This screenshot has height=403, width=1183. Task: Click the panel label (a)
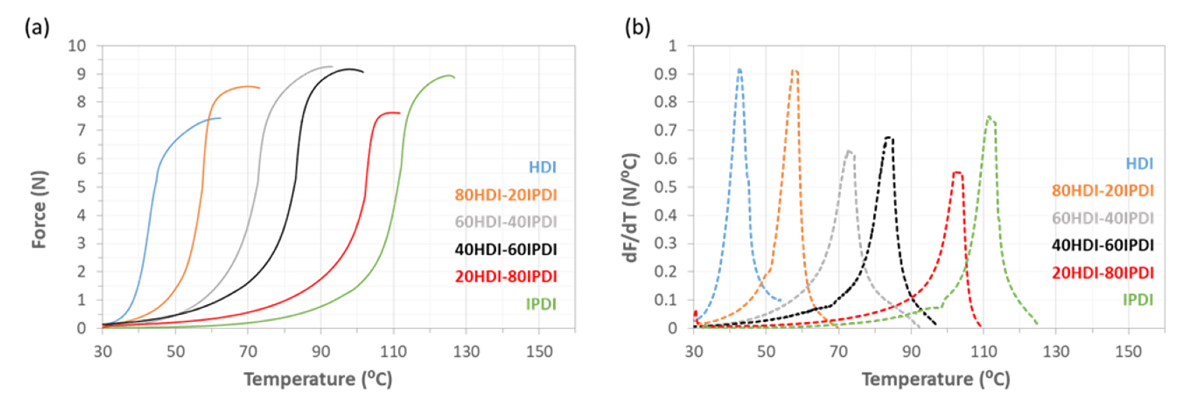[37, 29]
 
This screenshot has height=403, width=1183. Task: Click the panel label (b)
[638, 29]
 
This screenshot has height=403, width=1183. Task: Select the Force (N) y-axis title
[40, 209]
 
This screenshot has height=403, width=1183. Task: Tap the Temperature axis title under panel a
[318, 379]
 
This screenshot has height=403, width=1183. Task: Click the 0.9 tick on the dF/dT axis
[666, 74]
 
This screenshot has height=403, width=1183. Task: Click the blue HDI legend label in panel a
[542, 167]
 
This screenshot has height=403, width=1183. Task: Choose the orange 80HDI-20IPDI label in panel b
[1103, 190]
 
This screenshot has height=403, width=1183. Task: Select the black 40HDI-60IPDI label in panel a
[506, 250]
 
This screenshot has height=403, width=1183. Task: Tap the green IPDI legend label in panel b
[1138, 300]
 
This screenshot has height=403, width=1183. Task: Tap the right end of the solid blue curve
[221, 118]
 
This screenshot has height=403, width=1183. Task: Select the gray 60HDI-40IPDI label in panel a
[506, 222]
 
